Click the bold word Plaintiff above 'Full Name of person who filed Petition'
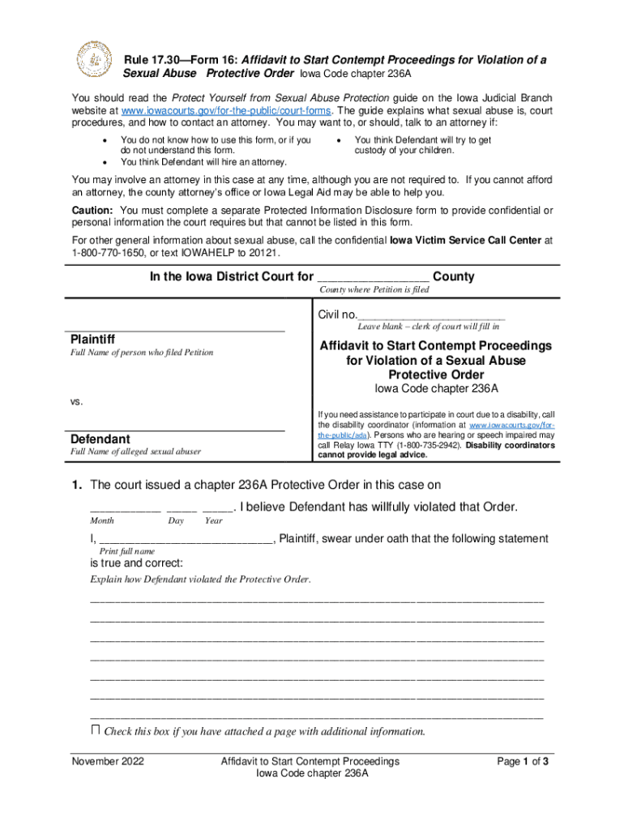click(92, 339)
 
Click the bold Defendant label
click(100, 439)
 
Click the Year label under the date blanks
click(214, 521)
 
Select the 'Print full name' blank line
click(186, 540)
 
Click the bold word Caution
click(95, 210)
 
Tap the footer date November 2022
click(108, 762)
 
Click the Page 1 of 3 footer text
click(523, 762)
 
